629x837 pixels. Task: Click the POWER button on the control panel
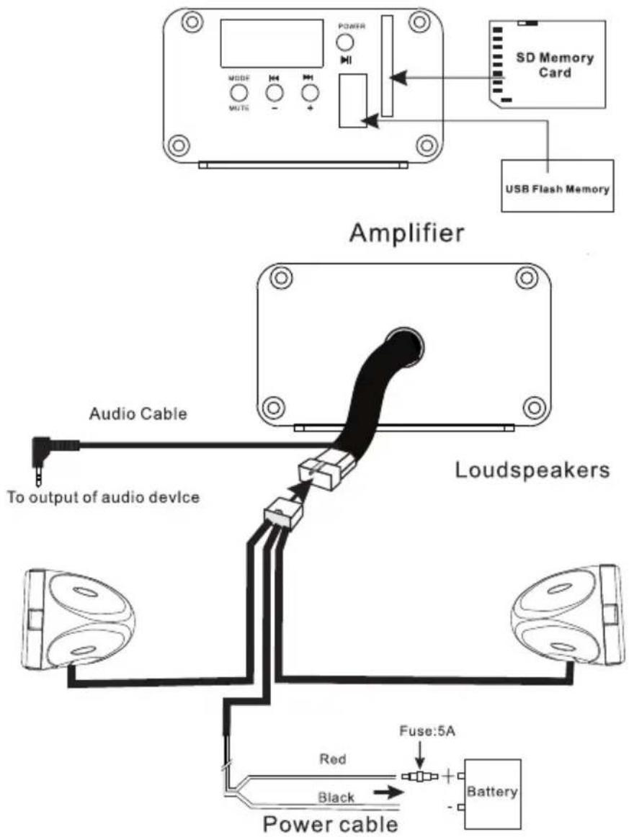[x=345, y=42]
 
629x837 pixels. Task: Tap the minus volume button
[x=274, y=93]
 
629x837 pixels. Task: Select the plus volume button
[x=310, y=93]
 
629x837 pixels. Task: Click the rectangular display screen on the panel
[x=272, y=44]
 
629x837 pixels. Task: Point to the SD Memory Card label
[x=555, y=65]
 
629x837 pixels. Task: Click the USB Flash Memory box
[x=558, y=186]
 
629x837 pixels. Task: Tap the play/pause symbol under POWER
[x=346, y=61]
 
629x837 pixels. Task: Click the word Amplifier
[x=407, y=233]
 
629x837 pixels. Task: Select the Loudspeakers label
[x=532, y=470]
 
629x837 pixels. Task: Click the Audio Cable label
[x=138, y=413]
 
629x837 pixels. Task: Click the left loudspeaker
[x=79, y=619]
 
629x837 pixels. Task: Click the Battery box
[x=492, y=793]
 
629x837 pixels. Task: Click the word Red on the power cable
[x=333, y=758]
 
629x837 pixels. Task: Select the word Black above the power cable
[x=336, y=797]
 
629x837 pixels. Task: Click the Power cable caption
[x=331, y=823]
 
